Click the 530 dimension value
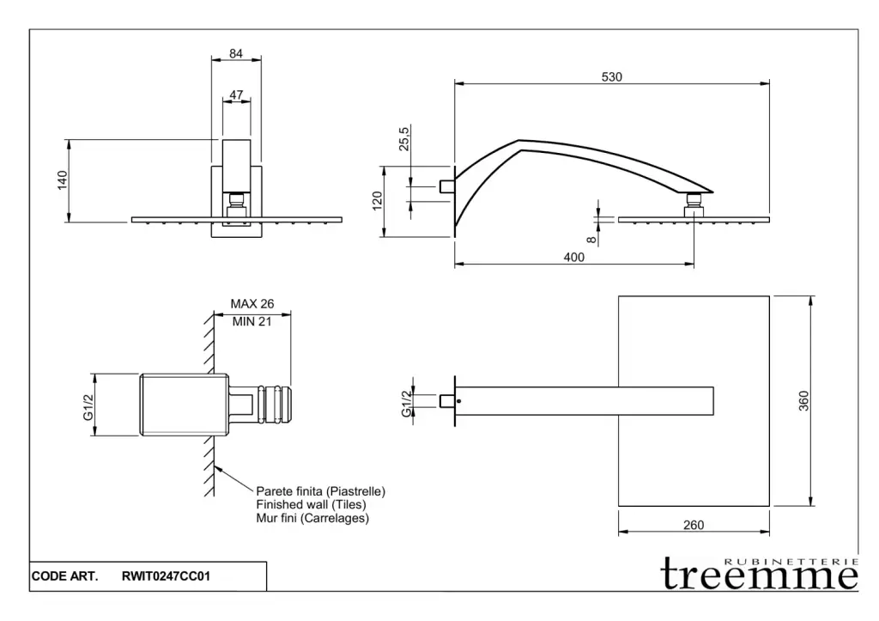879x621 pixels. pos(611,76)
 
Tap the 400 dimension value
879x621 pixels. pos(575,257)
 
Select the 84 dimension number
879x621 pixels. pos(236,53)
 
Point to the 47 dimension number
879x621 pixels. pos(236,94)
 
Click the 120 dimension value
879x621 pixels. pos(376,201)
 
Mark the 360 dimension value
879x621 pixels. pos(804,401)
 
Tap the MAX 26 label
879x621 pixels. pos(252,304)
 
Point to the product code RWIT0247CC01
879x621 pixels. pos(167,577)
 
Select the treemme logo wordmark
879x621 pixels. pos(759,576)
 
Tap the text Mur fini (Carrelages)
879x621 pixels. pos(312,519)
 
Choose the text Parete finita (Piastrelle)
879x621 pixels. pos(321,491)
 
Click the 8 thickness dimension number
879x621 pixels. pos(591,240)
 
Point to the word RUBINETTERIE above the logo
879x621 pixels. pos(791,561)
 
